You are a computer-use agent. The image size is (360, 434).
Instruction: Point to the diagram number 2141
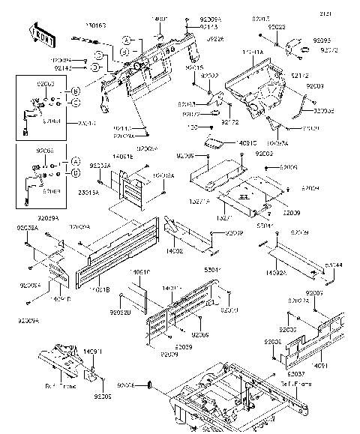click(x=343, y=14)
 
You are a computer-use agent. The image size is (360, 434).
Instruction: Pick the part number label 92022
click(x=211, y=76)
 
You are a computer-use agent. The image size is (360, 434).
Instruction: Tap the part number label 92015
click(x=193, y=67)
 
